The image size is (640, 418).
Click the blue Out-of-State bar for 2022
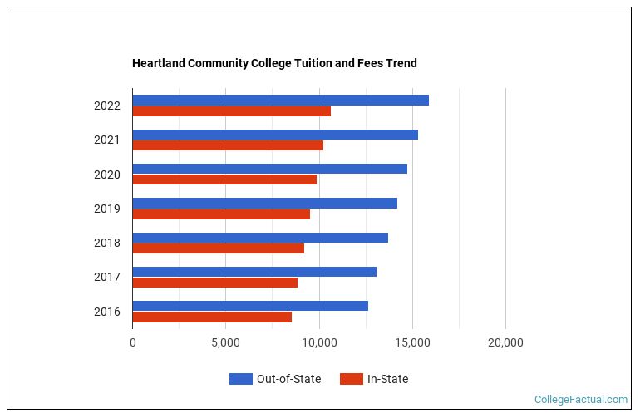click(x=280, y=101)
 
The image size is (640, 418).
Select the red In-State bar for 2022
click(x=231, y=111)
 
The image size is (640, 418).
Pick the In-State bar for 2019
click(x=221, y=214)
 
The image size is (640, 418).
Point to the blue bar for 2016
click(x=250, y=306)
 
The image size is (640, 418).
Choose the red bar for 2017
click(x=214, y=283)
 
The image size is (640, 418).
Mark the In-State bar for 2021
click(x=228, y=145)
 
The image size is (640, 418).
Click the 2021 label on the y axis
click(x=106, y=140)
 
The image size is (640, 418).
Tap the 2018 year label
click(x=106, y=243)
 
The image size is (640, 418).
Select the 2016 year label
click(x=106, y=312)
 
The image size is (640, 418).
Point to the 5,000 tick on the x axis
click(x=225, y=342)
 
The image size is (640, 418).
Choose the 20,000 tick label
click(x=505, y=342)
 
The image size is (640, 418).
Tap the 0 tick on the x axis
click(x=133, y=342)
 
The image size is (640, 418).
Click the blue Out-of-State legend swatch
click(x=240, y=379)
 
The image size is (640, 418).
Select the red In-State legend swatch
click(x=352, y=379)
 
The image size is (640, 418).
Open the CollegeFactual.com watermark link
click(x=581, y=400)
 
